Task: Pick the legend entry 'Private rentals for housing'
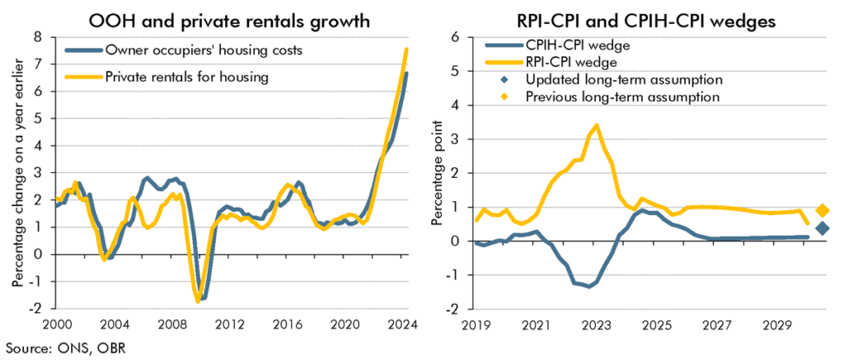click(x=185, y=77)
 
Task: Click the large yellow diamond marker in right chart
click(x=822, y=211)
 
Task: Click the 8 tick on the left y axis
click(x=37, y=37)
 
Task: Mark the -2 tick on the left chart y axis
click(x=35, y=308)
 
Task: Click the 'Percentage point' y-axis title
click(x=438, y=173)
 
